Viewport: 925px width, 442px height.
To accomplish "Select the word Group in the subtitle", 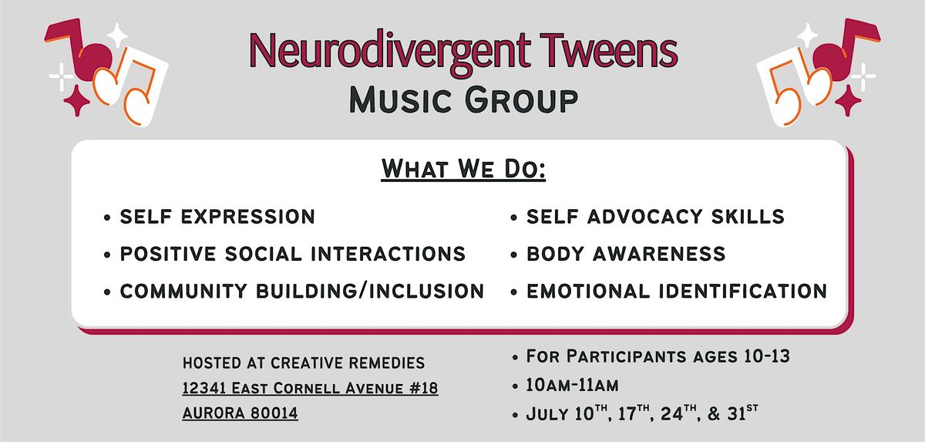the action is (x=522, y=100).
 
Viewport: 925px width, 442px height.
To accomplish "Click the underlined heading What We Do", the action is (x=463, y=169).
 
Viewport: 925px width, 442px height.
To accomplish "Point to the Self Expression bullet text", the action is (x=217, y=217).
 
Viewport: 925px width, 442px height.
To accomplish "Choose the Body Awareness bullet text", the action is (x=626, y=254).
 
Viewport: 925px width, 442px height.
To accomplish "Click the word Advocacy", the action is (x=644, y=217).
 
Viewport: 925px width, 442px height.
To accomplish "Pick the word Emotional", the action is (x=588, y=291).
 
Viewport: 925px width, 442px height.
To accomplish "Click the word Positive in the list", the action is (x=168, y=254).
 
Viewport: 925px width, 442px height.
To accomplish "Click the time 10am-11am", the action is (x=572, y=386).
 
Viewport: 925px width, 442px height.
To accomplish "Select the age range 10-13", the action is (x=767, y=356).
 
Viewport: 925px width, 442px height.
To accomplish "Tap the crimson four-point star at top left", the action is (x=76, y=100).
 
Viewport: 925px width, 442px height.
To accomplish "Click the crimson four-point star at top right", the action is (x=848, y=100).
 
